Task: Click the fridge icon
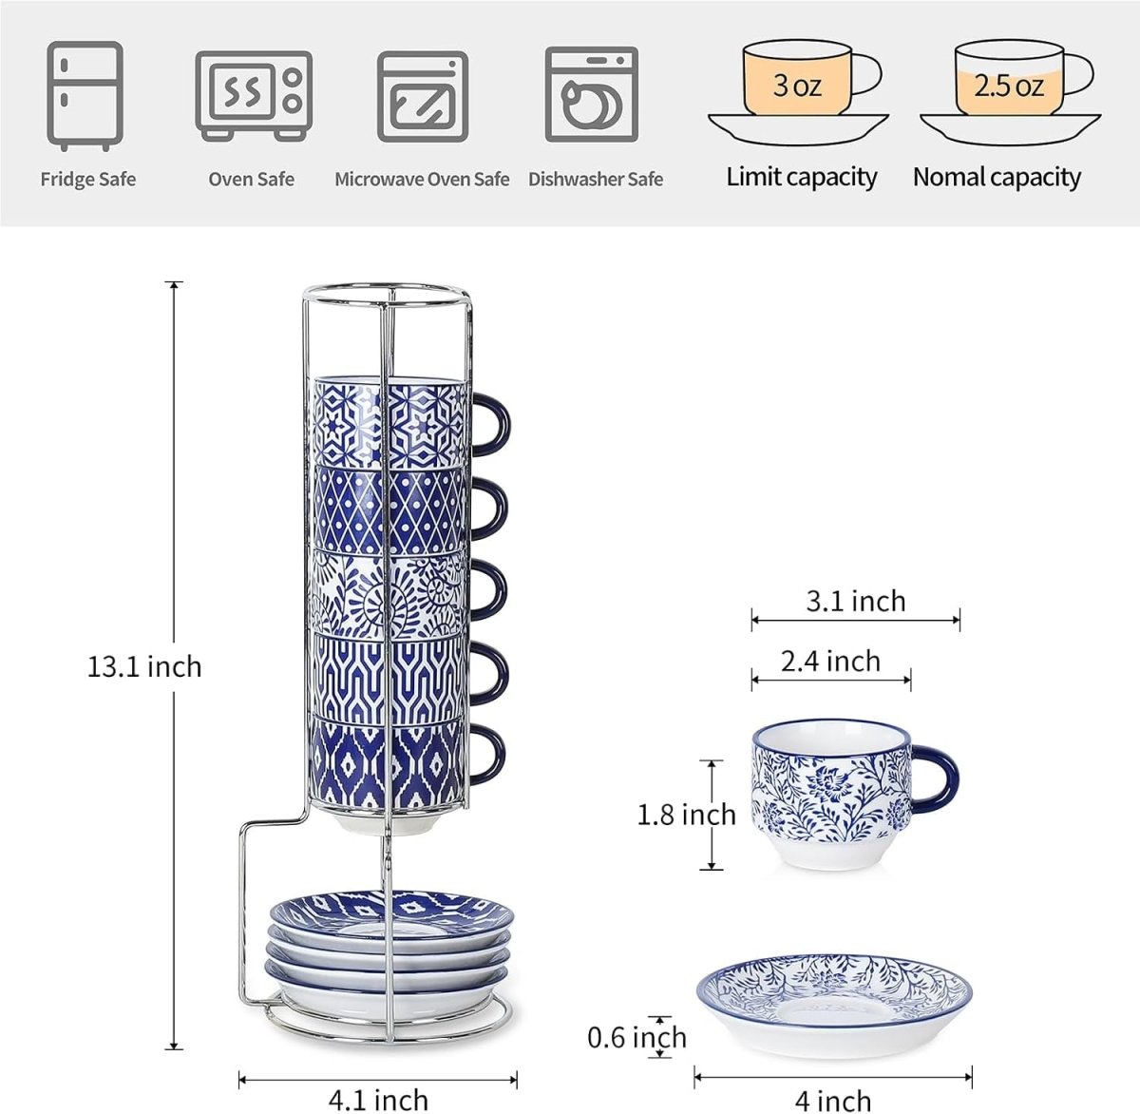tap(85, 95)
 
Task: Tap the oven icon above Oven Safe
tap(253, 96)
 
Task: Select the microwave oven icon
tap(423, 96)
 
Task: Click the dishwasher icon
tap(591, 94)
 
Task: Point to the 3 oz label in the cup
tap(797, 86)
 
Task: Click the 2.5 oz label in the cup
tap(1009, 86)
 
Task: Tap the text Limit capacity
tap(802, 177)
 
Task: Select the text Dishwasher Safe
tap(596, 179)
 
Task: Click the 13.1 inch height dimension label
tap(144, 667)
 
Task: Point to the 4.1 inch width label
tap(378, 1100)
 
